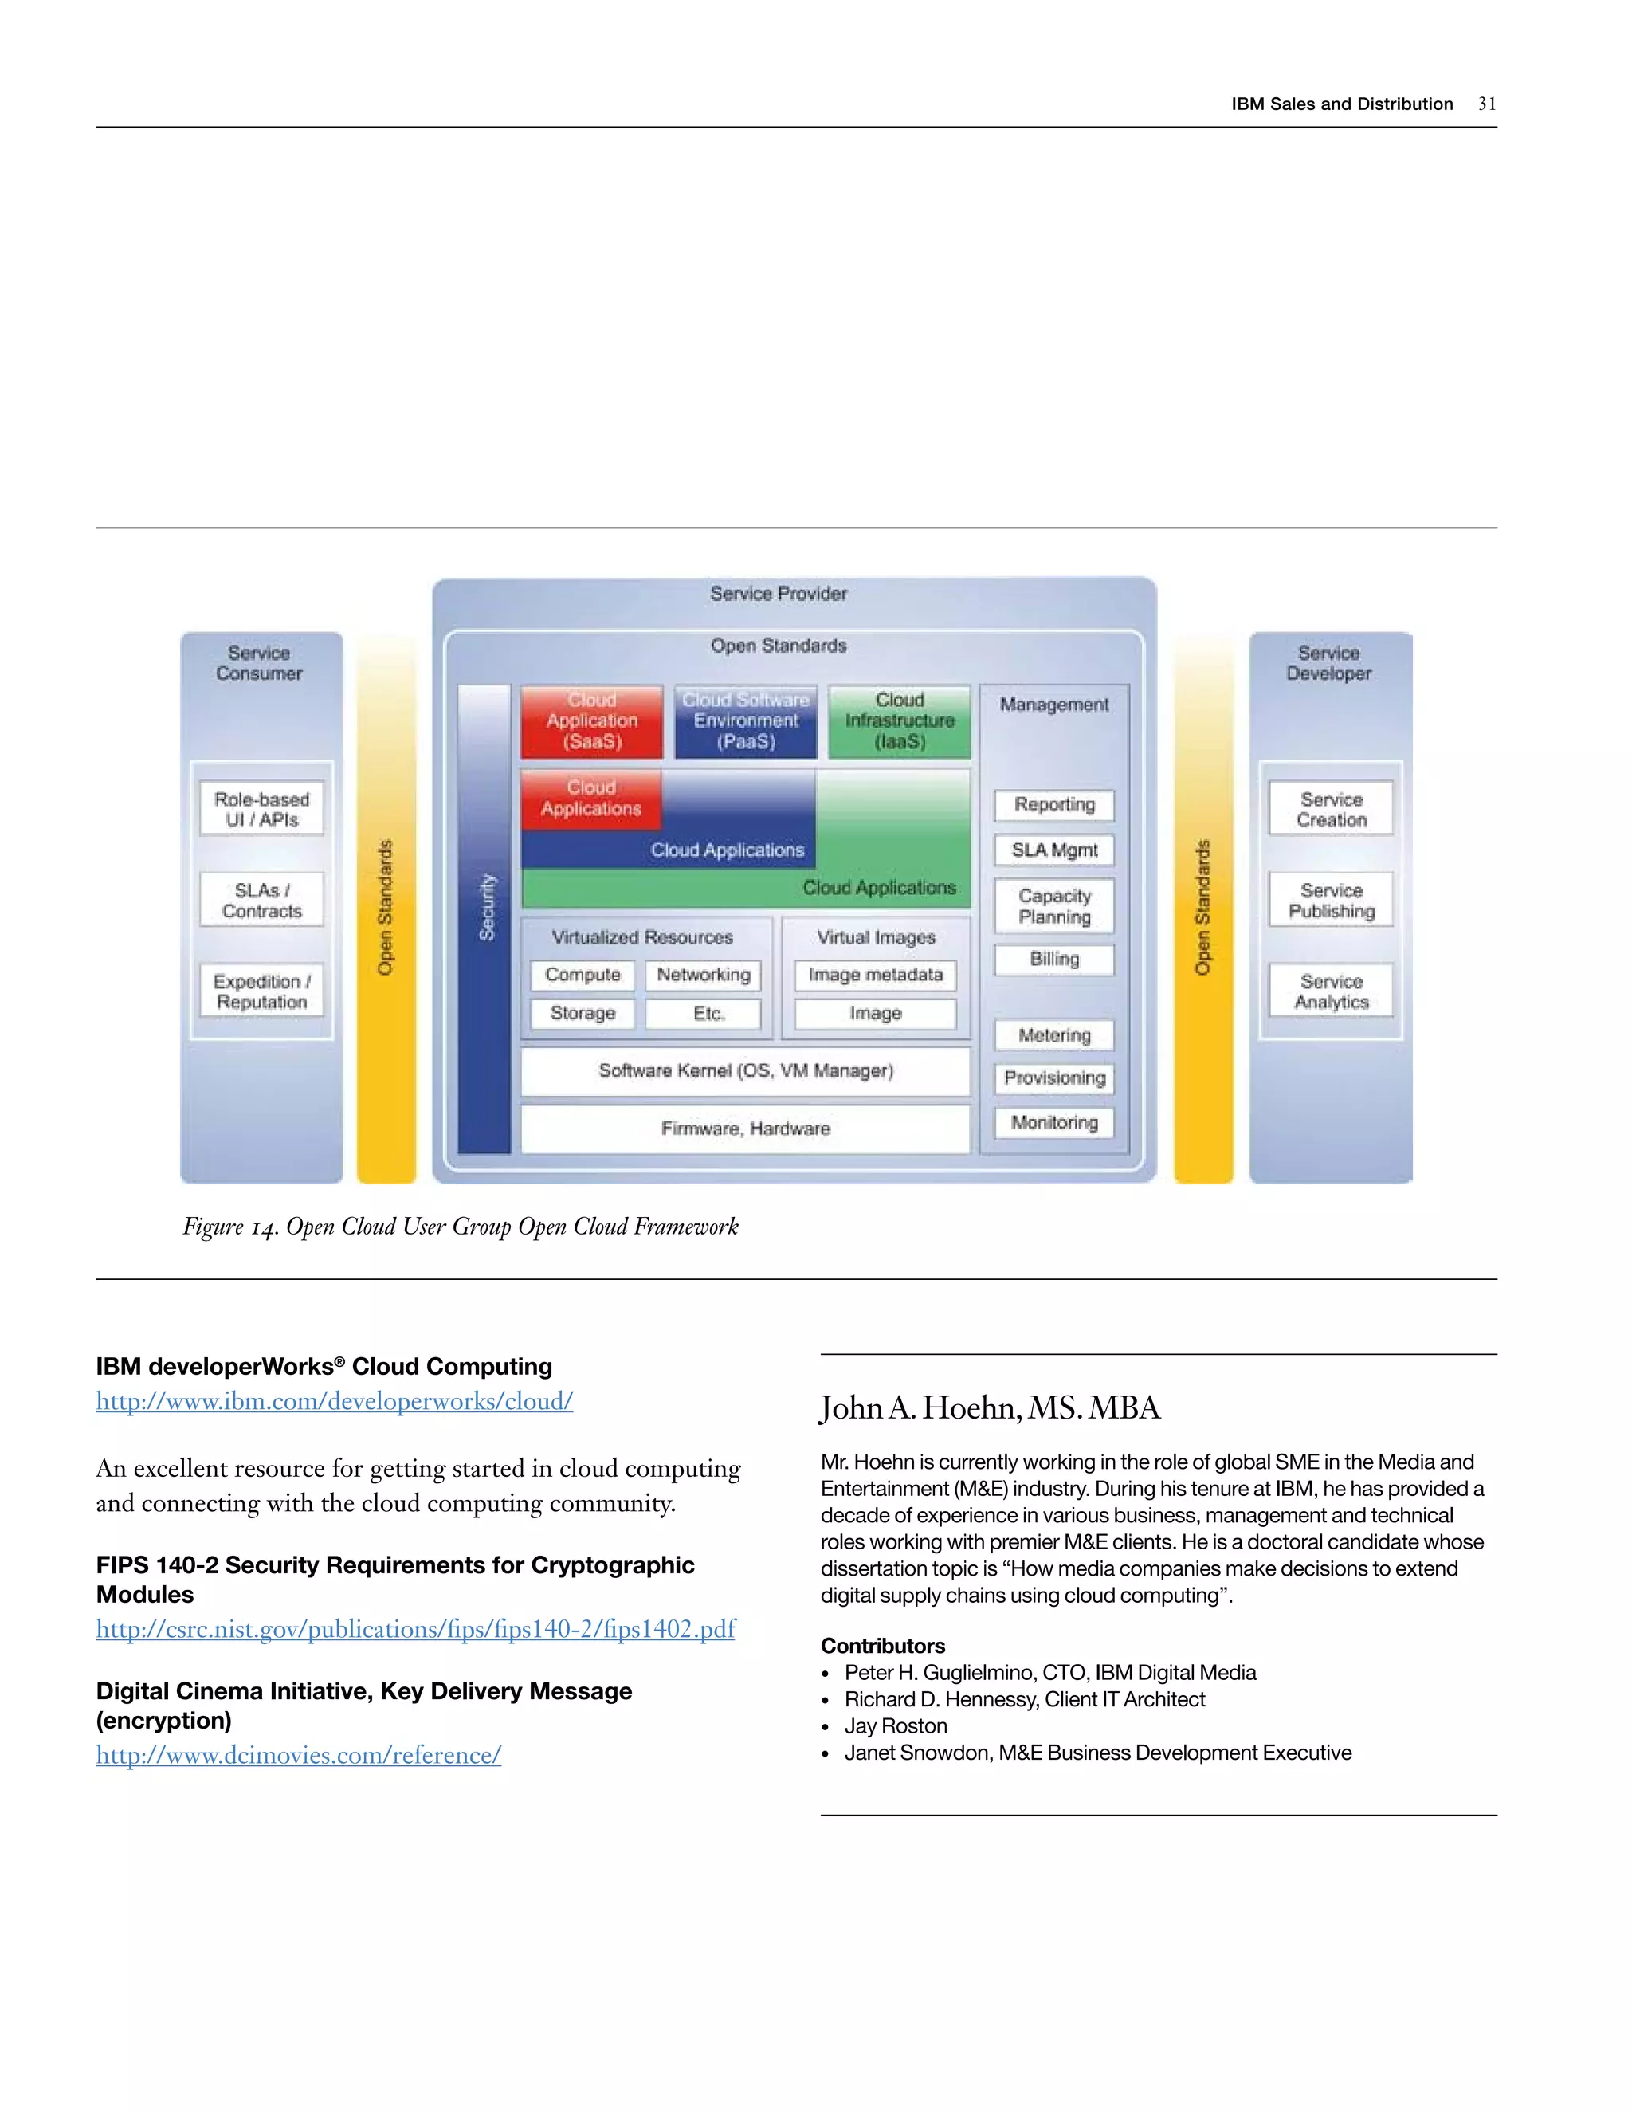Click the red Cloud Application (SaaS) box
coord(592,721)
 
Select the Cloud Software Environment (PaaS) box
coord(745,721)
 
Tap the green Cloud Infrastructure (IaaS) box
coord(899,721)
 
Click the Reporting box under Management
coord(1053,805)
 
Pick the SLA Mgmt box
coord(1053,850)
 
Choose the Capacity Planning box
coord(1053,906)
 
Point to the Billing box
coord(1053,960)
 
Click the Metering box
coord(1053,1036)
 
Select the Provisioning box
coord(1053,1078)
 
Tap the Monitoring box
coord(1053,1123)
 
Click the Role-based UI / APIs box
coord(262,810)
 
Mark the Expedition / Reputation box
coord(262,991)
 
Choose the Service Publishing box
coord(1332,901)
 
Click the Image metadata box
coord(875,975)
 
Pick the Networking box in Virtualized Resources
coord(703,975)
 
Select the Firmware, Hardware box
coord(745,1129)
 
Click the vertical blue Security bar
coord(484,919)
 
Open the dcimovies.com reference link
coord(299,1755)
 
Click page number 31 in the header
coord(1487,104)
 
